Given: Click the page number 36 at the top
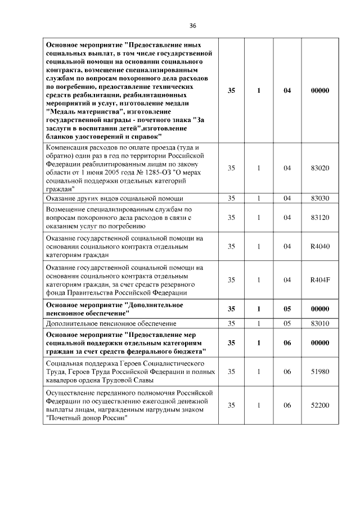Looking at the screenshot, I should coord(192,26).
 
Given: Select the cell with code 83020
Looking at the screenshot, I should coord(319,168).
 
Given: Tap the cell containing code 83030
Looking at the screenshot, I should coord(319,197).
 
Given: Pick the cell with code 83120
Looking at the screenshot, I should coord(319,217).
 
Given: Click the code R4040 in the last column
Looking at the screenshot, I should coord(319,246).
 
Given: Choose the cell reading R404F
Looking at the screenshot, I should coord(319,280).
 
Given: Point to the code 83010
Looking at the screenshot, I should coord(319,323).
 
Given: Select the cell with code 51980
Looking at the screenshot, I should coord(319,372).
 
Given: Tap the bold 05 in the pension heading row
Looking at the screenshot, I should coord(287,309).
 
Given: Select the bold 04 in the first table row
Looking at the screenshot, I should coord(287,90).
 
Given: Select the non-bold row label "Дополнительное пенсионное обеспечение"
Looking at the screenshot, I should coord(111,323).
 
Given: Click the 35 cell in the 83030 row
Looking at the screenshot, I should coord(231,197).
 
